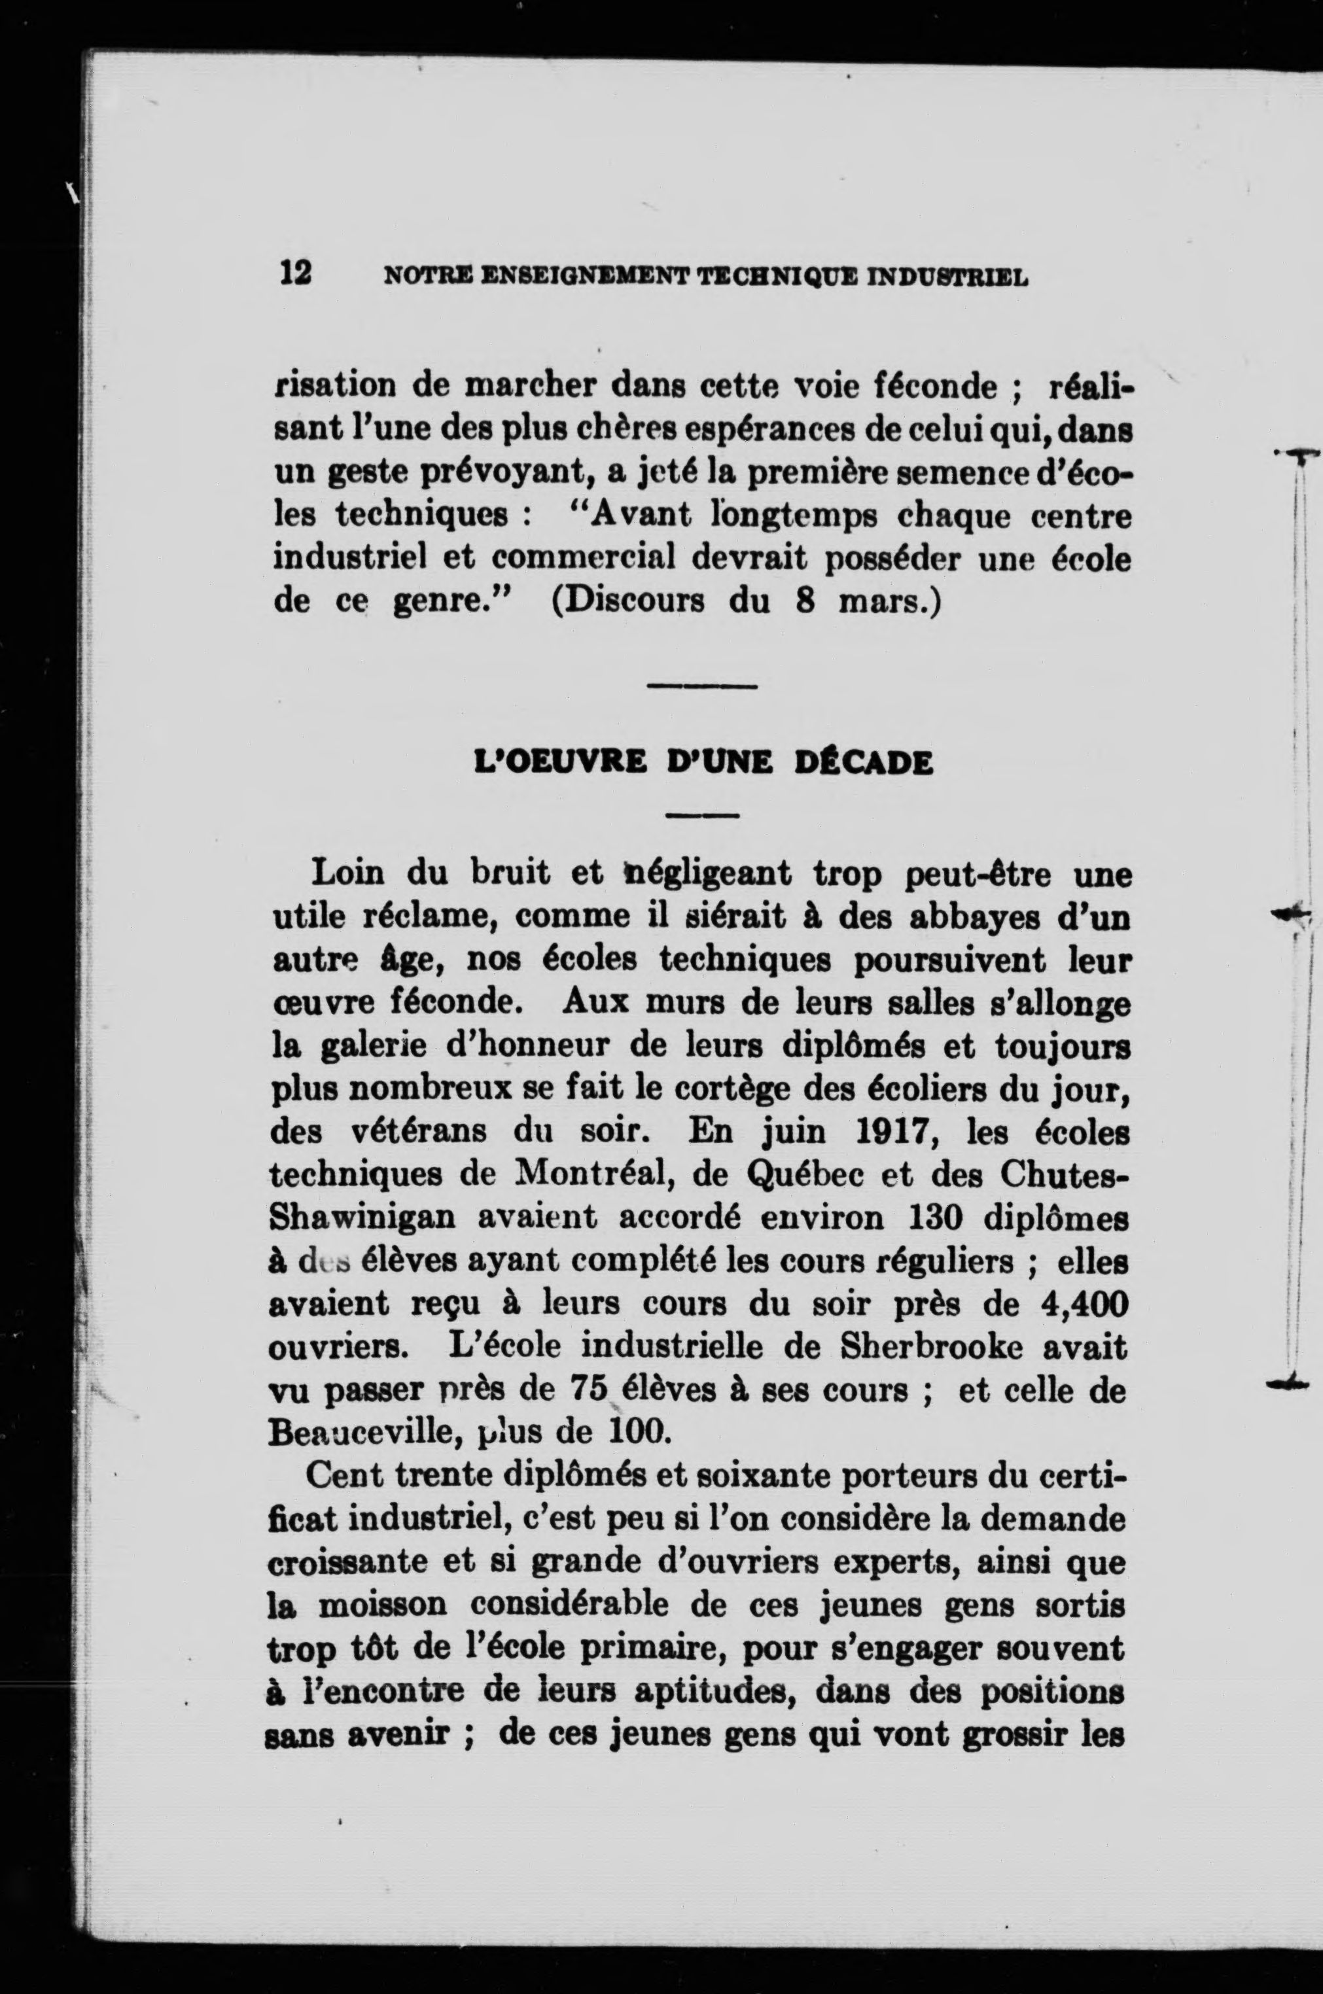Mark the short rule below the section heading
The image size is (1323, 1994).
coord(702,816)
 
